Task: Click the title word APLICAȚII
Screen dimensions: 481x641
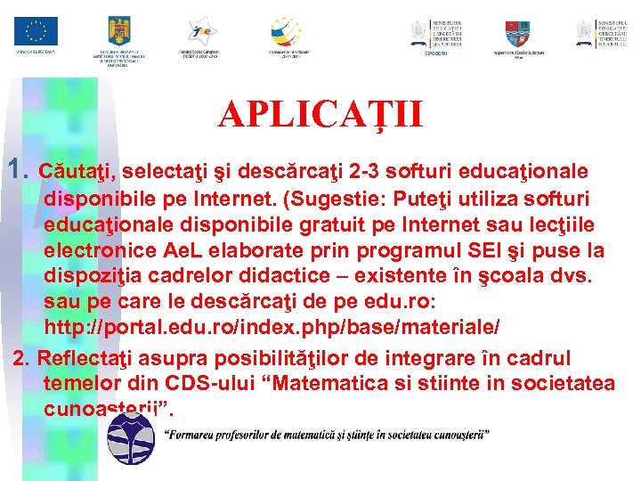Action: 320,114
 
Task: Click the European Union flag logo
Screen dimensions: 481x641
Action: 36,32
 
